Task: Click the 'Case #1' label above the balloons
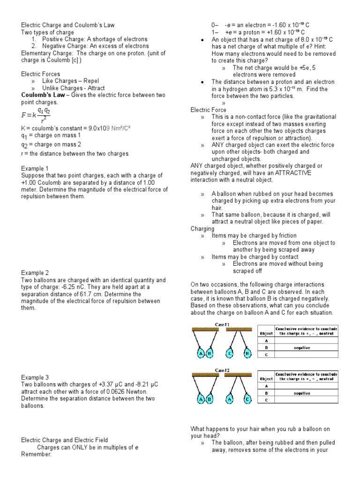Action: (x=223, y=324)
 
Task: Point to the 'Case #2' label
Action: (x=223, y=370)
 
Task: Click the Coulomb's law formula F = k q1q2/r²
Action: (x=36, y=114)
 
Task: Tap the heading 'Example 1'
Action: (x=35, y=168)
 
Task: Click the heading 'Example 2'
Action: (x=35, y=272)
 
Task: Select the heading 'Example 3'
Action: (x=35, y=377)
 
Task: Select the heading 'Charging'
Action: (x=202, y=229)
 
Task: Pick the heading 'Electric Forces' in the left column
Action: (x=40, y=74)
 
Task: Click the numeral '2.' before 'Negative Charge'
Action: (x=34, y=46)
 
